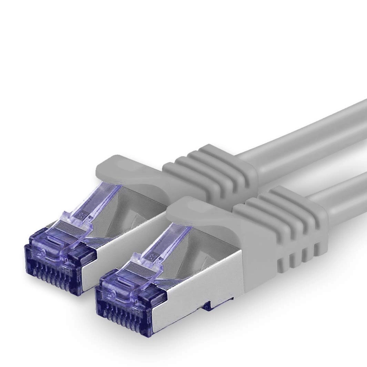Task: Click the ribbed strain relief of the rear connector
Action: coord(210,172)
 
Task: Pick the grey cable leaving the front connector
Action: coord(345,196)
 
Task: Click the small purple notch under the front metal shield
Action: coord(208,305)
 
